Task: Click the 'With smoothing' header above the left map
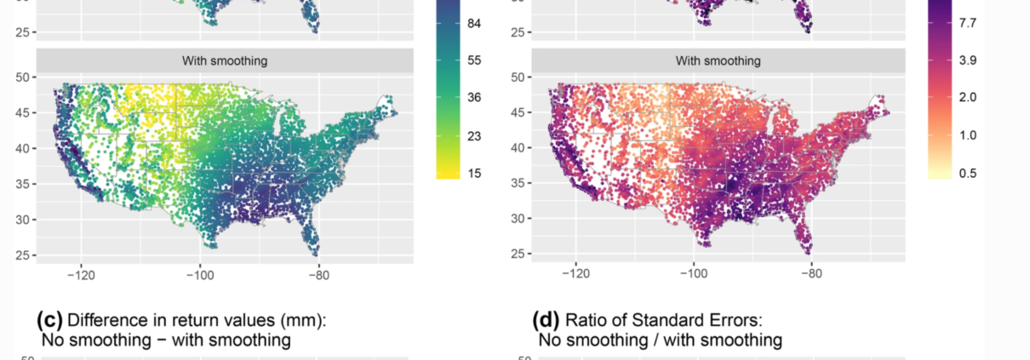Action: (x=225, y=60)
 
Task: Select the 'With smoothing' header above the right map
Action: (x=718, y=60)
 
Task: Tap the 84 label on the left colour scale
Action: (x=475, y=24)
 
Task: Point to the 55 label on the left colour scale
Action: (x=475, y=60)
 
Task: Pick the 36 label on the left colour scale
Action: (x=475, y=98)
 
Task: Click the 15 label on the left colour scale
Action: (x=475, y=173)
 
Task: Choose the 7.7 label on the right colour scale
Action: (x=967, y=24)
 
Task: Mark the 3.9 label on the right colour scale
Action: (x=967, y=60)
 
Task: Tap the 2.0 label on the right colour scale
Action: (x=967, y=98)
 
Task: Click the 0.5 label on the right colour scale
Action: (x=967, y=173)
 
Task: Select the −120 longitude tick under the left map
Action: (x=81, y=275)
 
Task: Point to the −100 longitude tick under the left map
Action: (x=199, y=275)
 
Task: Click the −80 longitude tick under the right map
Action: (x=811, y=275)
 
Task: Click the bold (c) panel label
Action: (x=49, y=321)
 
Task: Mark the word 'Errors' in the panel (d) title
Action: (x=738, y=321)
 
